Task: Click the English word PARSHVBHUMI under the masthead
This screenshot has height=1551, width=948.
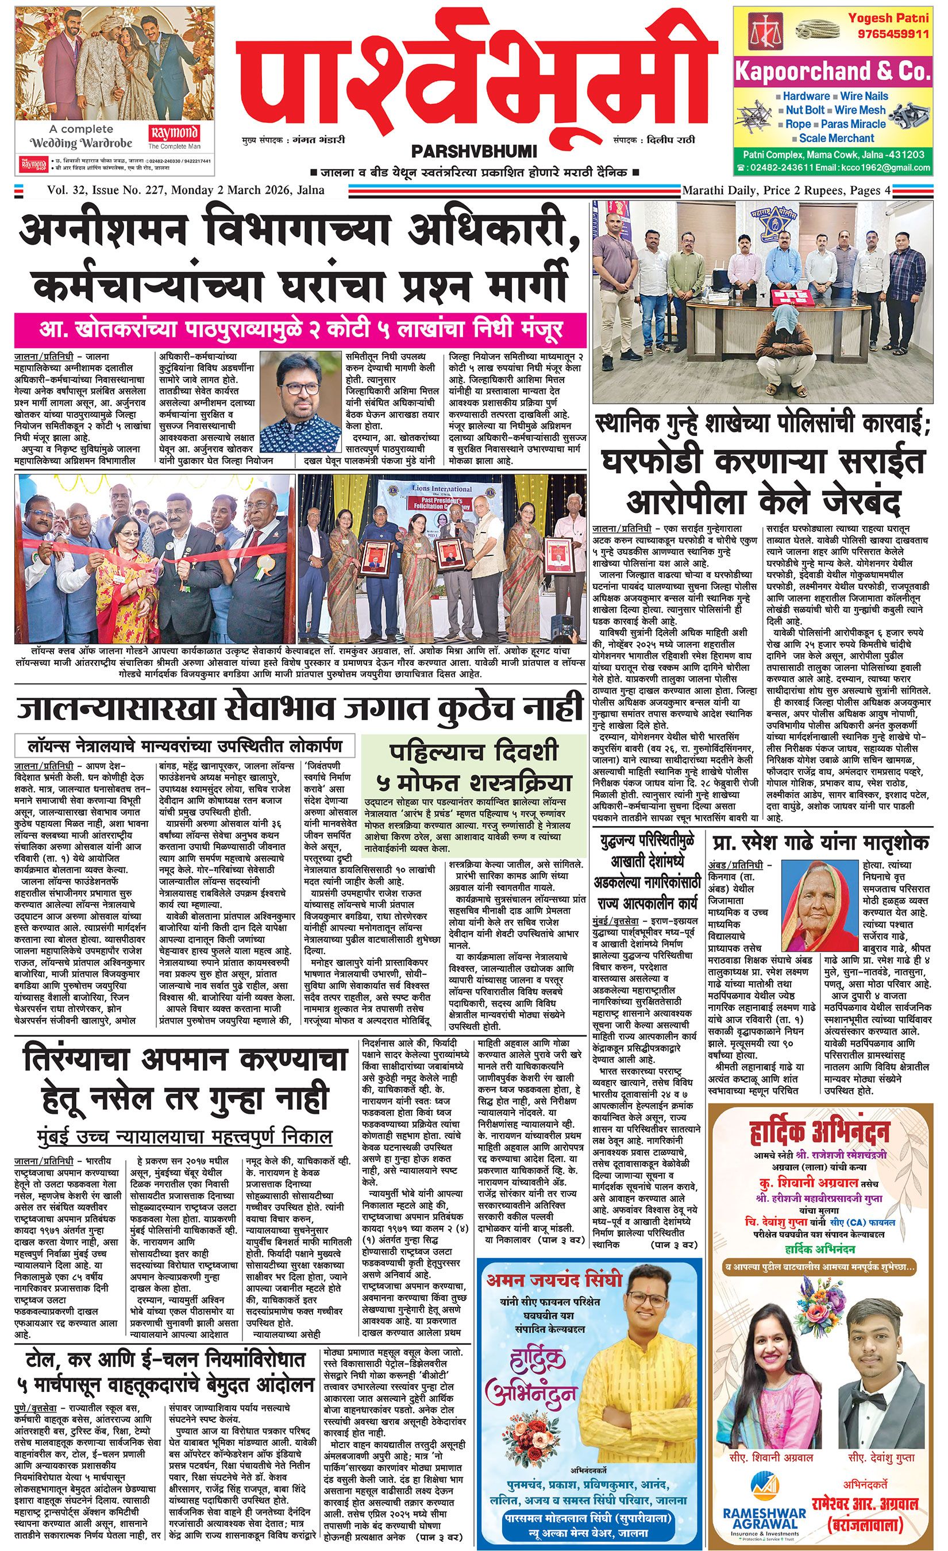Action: pos(473,152)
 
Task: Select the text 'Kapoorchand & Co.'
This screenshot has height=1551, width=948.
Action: pos(832,72)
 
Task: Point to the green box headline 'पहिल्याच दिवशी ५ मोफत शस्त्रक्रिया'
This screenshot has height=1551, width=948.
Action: pos(472,767)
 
